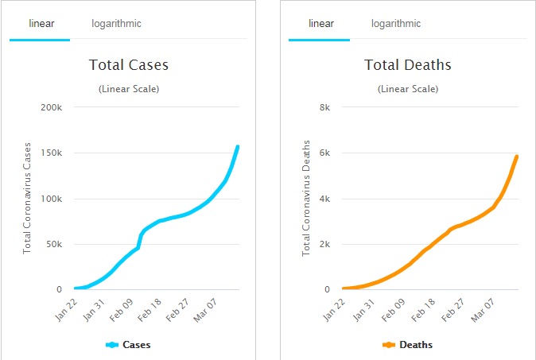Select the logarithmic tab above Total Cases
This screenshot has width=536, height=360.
[116, 24]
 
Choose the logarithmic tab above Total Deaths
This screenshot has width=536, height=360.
[396, 24]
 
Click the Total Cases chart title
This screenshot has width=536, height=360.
[128, 65]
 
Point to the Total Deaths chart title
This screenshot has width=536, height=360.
[408, 65]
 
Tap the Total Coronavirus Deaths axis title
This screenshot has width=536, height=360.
[306, 197]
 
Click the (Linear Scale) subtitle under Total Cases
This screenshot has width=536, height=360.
[128, 89]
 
